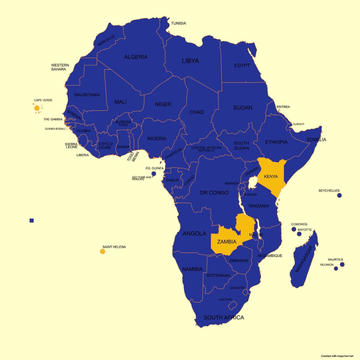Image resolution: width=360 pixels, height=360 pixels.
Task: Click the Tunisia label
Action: click(178, 23)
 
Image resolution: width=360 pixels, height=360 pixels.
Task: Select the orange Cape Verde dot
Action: click(37, 108)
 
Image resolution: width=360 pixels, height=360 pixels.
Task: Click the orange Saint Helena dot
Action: click(103, 251)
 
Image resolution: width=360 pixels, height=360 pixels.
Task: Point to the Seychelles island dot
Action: click(339, 195)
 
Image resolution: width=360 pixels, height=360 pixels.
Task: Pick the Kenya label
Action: click(271, 177)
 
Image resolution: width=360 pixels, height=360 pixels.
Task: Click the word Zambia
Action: click(226, 242)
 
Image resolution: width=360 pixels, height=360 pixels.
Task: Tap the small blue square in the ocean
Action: click(32, 221)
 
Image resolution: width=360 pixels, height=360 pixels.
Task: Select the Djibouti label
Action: click(298, 124)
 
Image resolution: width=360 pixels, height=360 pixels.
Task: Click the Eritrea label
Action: click(283, 107)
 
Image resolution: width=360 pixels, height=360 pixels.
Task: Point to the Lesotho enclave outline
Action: click(232, 306)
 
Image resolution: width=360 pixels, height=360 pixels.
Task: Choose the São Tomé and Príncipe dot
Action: click(154, 174)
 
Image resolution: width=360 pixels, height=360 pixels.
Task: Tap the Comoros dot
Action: click(294, 229)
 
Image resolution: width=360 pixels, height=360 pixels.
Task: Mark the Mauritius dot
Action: click(342, 265)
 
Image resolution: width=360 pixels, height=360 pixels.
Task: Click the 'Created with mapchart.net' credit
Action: click(337, 356)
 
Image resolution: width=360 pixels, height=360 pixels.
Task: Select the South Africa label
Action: click(223, 317)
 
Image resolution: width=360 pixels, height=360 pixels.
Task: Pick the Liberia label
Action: click(82, 155)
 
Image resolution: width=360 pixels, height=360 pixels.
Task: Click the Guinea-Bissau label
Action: click(55, 129)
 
